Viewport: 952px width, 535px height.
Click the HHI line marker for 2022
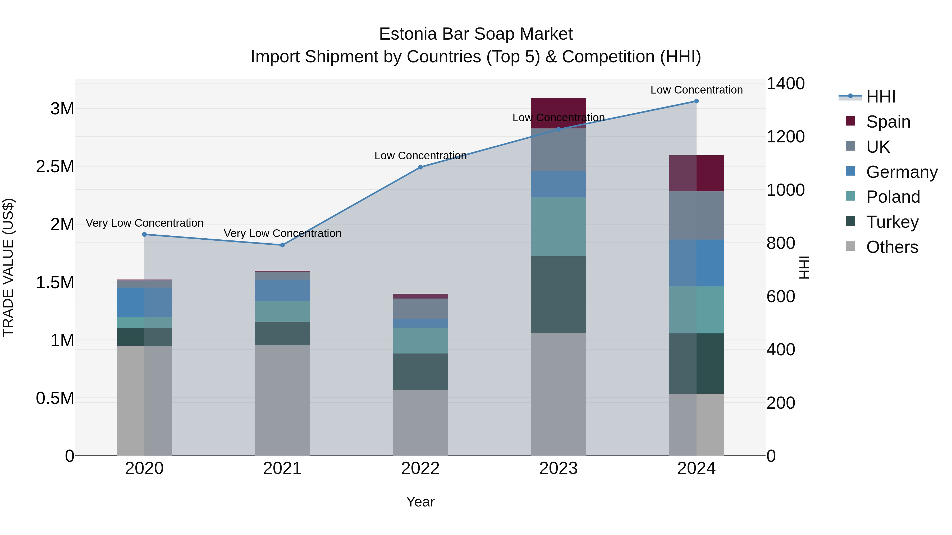click(420, 167)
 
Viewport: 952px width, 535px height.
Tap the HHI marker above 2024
click(696, 101)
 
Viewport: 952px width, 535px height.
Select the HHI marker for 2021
click(282, 245)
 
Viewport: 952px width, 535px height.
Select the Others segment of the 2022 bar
click(420, 423)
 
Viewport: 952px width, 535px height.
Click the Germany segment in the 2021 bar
click(282, 291)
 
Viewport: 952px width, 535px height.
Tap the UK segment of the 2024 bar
click(696, 216)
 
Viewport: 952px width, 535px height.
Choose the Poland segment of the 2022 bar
click(420, 341)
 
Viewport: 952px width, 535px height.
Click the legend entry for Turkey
click(892, 222)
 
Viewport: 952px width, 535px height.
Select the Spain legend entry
click(888, 122)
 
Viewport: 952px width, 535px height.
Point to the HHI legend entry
click(880, 97)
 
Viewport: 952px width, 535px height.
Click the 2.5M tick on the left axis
click(55, 166)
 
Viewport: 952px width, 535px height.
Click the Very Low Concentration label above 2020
click(144, 223)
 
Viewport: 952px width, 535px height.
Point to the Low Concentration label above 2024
click(696, 90)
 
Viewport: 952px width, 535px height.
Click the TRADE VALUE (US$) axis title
click(8, 267)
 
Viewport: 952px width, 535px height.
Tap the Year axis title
click(420, 502)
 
